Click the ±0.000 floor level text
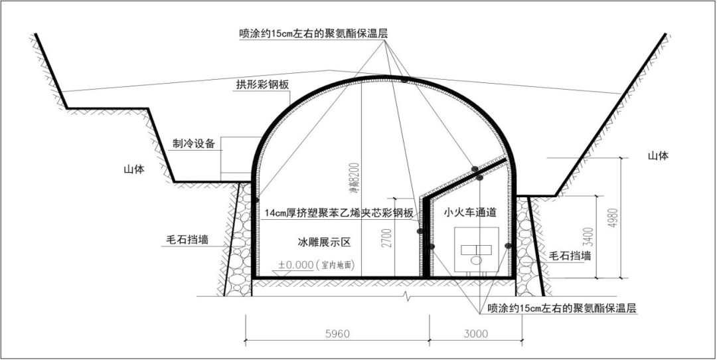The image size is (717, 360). pos(296,265)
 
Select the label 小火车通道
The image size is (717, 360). pos(471,213)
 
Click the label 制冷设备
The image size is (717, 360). pos(194,143)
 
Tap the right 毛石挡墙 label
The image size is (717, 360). pos(570,255)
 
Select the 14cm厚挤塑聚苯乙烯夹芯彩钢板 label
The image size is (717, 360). pos(339,213)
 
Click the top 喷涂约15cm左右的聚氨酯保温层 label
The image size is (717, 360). pos(313,33)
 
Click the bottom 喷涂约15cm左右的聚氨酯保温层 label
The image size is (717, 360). pos(562,309)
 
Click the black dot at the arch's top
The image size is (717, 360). pos(404,80)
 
